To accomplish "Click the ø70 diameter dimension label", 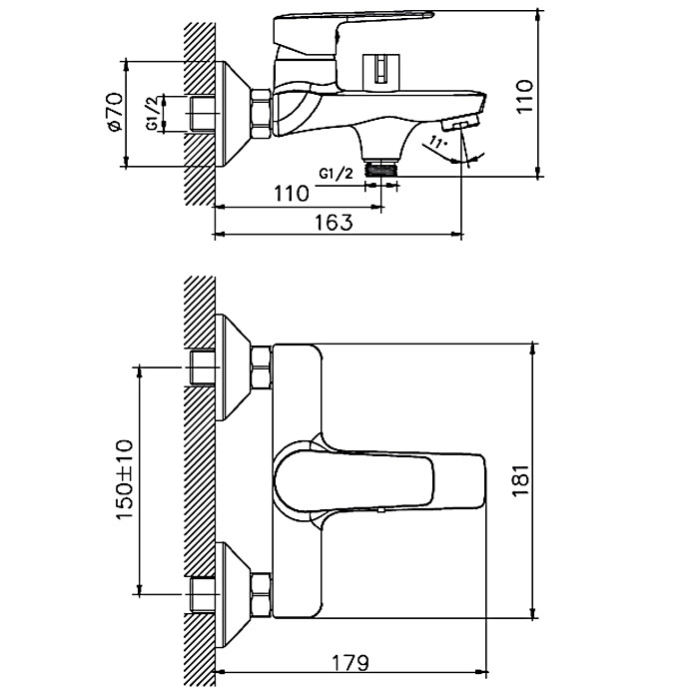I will coord(114,112).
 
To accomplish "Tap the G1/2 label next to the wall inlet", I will coord(153,115).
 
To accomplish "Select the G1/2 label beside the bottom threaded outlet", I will coord(337,173).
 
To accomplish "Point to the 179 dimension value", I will coord(349,663).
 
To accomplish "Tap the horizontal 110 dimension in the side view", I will coord(291,194).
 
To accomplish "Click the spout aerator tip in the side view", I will coord(465,122).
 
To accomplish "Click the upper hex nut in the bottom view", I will coord(261,367).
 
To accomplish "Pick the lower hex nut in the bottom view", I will coord(261,594).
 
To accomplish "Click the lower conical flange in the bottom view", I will coord(233,594).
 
